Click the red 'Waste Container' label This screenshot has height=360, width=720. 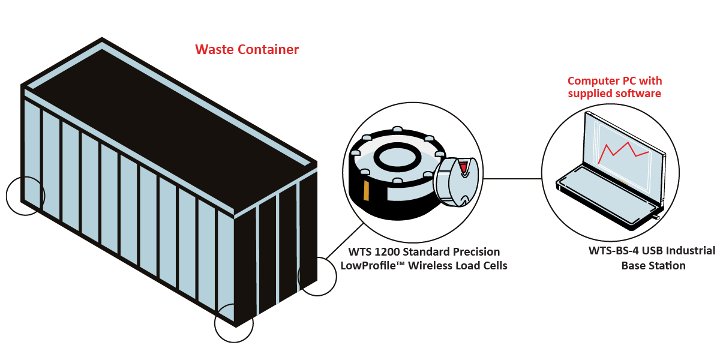(x=247, y=50)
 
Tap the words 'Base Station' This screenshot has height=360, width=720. (x=653, y=265)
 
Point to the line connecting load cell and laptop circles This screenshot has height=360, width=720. (x=513, y=178)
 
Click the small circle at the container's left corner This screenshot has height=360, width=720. (x=25, y=196)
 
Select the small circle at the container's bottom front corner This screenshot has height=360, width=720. (x=234, y=323)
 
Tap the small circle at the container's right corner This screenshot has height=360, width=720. (x=317, y=276)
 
